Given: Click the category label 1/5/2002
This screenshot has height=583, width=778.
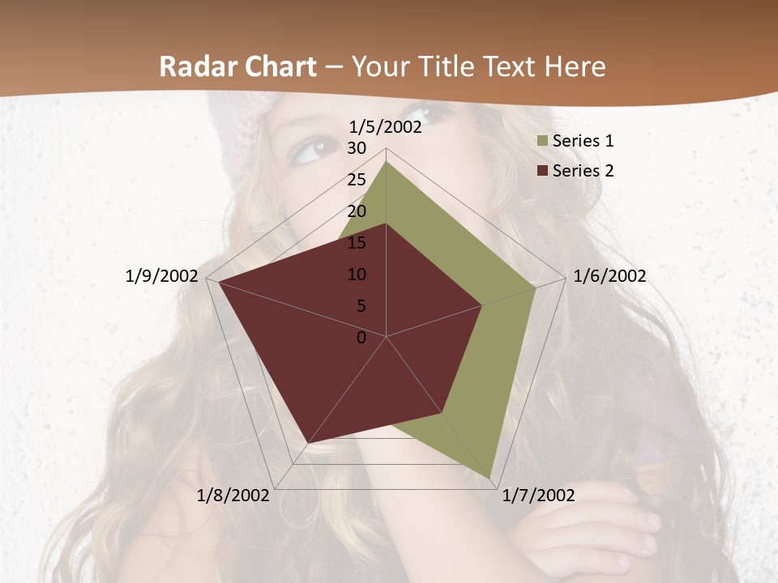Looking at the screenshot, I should [385, 127].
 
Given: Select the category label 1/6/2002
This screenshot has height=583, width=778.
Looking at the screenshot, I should [609, 276].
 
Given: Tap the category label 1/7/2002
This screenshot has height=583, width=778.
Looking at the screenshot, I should [539, 496].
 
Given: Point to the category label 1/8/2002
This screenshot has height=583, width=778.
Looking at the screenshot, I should [233, 496].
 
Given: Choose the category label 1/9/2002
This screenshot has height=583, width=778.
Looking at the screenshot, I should [161, 276].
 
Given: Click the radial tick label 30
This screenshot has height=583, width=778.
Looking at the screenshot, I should [357, 148].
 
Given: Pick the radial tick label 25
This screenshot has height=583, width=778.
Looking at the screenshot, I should [357, 180].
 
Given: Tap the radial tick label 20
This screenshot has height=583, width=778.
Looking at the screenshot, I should [357, 211].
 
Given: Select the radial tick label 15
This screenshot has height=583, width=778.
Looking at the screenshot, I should [357, 243].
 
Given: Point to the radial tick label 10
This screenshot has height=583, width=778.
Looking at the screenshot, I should [357, 274].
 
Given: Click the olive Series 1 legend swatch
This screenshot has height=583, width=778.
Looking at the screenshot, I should [542, 141].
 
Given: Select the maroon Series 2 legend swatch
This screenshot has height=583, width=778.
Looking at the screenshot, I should [542, 171].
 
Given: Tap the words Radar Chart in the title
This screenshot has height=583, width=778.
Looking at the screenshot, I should [237, 66].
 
